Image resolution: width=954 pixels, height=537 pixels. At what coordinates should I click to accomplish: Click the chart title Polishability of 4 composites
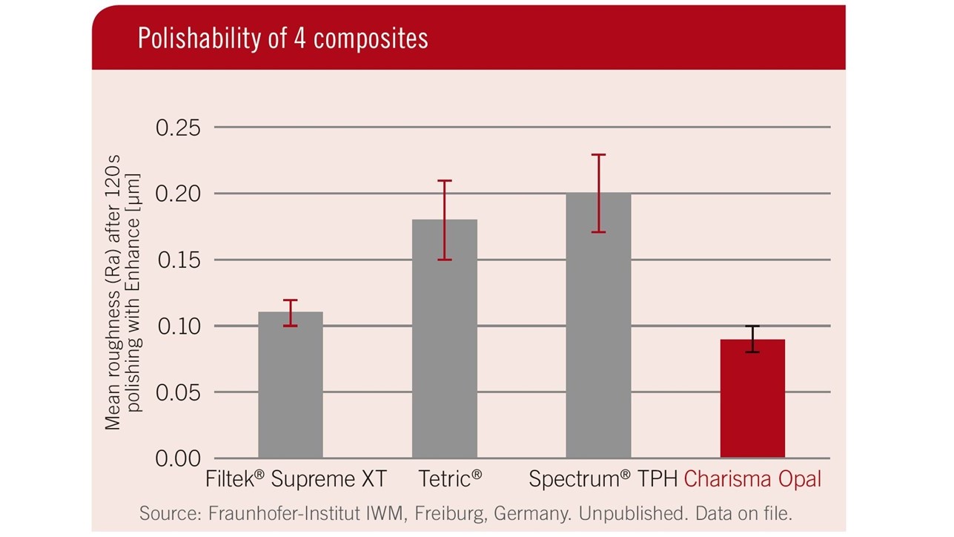tap(282, 39)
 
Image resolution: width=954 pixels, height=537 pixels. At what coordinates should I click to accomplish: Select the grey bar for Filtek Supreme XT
tap(290, 386)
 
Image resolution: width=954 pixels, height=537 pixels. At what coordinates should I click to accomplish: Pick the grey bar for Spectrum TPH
tap(598, 326)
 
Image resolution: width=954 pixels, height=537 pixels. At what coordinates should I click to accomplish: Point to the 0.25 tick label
tap(178, 128)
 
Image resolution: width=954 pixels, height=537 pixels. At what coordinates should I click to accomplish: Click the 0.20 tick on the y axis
tap(178, 194)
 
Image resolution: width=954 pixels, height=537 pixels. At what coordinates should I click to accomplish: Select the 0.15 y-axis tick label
tap(178, 260)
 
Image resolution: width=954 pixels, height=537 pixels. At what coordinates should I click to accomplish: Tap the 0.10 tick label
tap(178, 326)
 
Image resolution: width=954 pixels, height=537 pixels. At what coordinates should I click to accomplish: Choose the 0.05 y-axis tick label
tap(178, 392)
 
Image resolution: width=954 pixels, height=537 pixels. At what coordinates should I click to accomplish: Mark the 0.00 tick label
tap(178, 458)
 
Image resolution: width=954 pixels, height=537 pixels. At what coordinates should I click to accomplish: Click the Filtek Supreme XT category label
tap(296, 479)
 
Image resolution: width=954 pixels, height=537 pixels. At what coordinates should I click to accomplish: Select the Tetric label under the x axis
tap(449, 479)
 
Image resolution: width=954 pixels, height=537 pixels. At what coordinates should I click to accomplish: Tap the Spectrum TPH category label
tap(603, 479)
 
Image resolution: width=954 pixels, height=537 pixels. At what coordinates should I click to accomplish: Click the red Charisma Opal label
tap(752, 479)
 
